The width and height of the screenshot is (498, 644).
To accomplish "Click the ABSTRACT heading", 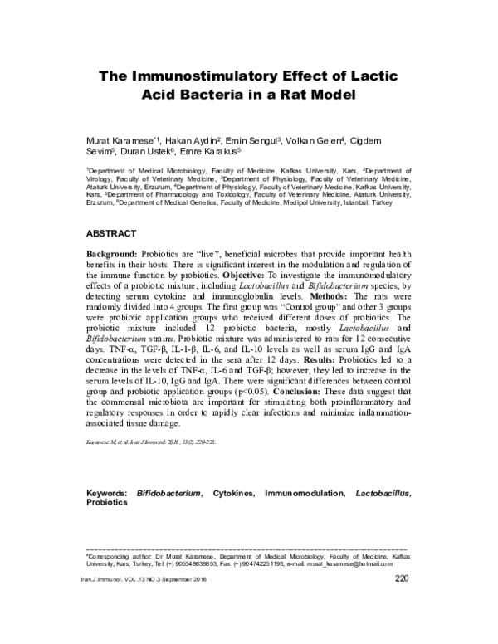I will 112,233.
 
